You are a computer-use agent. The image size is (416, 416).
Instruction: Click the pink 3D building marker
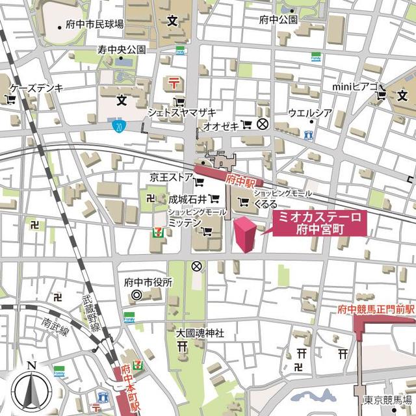point(245,235)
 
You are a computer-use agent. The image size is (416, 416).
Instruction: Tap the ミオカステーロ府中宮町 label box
point(318,223)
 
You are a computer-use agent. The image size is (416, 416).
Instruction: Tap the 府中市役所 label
point(148,283)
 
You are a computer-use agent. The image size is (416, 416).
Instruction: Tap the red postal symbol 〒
point(173,82)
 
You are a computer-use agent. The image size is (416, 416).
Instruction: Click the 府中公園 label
point(278,19)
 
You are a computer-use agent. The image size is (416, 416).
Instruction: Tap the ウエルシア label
point(310,112)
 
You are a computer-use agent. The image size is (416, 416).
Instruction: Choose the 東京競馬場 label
point(387,398)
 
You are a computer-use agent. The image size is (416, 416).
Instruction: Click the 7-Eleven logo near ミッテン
point(157,230)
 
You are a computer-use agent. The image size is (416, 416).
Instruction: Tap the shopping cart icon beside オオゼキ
point(246,123)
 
